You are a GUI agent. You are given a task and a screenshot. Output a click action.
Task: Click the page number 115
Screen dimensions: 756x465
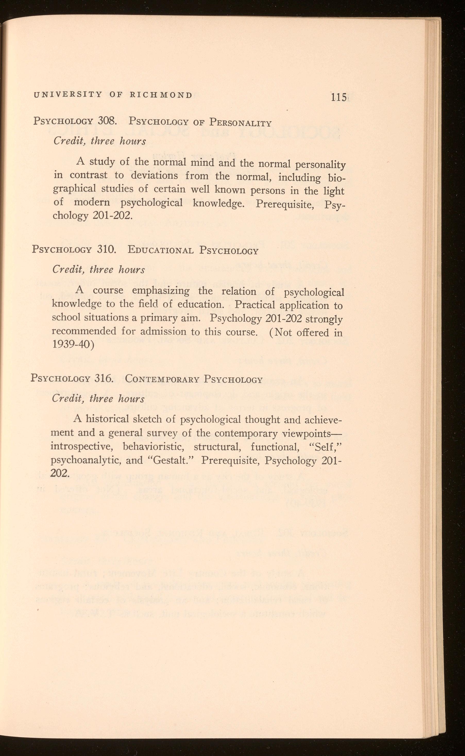tap(339, 97)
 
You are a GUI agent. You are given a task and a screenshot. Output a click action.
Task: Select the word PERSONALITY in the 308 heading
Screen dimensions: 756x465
tap(241, 123)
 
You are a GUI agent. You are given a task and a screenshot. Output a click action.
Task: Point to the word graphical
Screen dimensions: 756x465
tap(74, 189)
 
